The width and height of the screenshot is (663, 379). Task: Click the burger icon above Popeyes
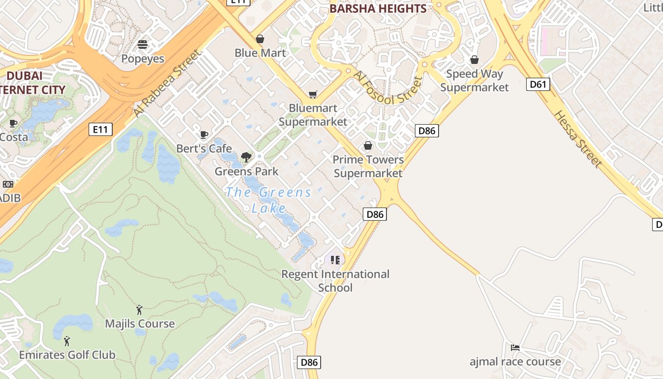(143, 45)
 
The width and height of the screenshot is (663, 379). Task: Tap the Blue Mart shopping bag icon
(260, 39)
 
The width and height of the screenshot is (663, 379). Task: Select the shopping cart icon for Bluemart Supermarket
(313, 95)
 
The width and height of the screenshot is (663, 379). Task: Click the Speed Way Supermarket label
(475, 81)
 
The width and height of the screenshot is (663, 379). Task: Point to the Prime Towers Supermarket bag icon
(368, 145)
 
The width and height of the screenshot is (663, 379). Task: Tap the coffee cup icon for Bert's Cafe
(204, 135)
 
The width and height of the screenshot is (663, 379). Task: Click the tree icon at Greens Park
(246, 157)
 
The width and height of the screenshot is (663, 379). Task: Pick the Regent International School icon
(335, 260)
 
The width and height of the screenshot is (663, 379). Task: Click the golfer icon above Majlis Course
(139, 310)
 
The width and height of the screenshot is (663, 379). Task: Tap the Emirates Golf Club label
(67, 355)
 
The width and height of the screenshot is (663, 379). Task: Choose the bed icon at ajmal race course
(515, 348)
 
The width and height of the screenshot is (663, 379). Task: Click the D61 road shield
(538, 85)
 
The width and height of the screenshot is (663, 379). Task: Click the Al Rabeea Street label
(167, 83)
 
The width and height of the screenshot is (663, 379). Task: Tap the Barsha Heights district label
(378, 9)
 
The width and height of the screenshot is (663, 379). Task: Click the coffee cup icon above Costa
(13, 124)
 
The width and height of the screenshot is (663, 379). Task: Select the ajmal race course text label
(515, 362)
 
